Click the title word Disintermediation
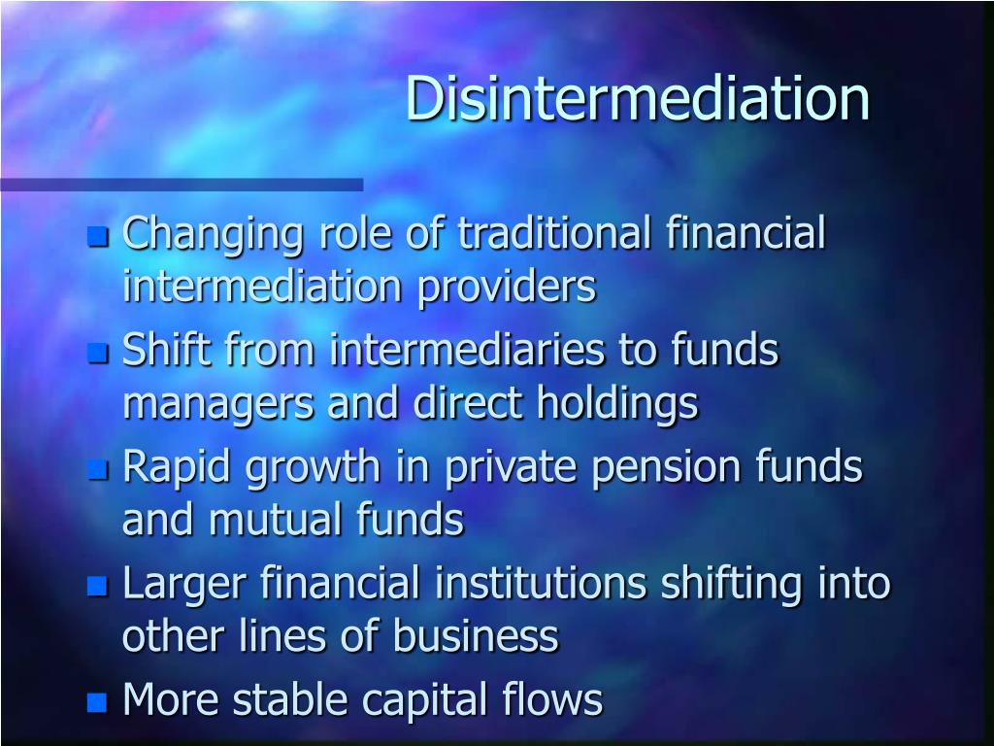coord(637,99)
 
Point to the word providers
coord(507,288)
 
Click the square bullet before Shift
coord(96,353)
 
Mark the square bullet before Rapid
coord(96,470)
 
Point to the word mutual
coord(266,521)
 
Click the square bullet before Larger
coord(96,586)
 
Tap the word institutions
coord(540,584)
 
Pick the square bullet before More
coord(96,702)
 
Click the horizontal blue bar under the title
coord(182,185)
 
